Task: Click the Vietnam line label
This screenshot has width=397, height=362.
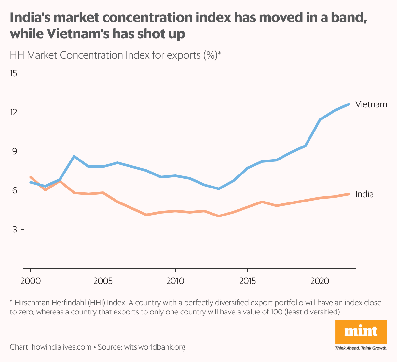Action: (x=371, y=104)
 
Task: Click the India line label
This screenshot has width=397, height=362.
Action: (x=364, y=194)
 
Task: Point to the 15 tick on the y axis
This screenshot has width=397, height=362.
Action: (x=14, y=73)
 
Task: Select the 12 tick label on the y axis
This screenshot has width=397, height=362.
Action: (x=14, y=112)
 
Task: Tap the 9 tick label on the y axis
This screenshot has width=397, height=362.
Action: (x=14, y=151)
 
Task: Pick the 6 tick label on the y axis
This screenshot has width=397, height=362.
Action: (x=14, y=190)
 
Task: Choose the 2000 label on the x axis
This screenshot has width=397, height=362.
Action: (x=31, y=281)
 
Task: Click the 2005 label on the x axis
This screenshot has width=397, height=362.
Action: (x=103, y=281)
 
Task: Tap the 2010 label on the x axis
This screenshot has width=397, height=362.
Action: (x=175, y=281)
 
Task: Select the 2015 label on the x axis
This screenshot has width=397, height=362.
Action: (x=248, y=281)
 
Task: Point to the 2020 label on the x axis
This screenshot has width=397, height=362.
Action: (x=320, y=281)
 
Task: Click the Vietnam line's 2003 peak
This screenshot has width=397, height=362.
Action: (x=74, y=156)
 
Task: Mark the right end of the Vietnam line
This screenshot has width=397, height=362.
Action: (x=349, y=104)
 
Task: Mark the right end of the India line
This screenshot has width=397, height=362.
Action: (x=349, y=194)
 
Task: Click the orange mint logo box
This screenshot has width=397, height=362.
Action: (x=361, y=332)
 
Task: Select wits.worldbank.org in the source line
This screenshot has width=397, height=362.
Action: (x=155, y=347)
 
